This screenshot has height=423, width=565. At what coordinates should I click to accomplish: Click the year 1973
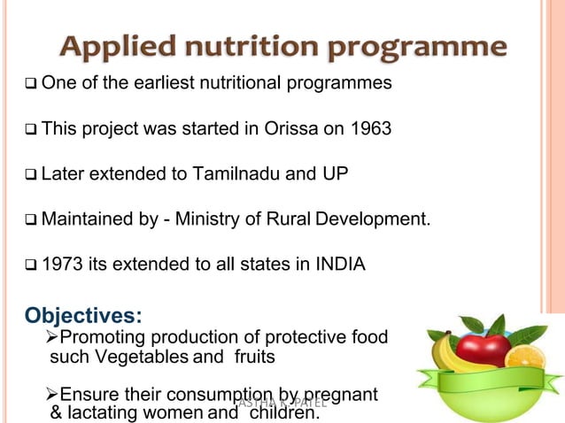62,263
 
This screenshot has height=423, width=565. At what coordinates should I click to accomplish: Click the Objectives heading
83,316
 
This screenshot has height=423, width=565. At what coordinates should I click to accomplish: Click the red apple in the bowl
482,346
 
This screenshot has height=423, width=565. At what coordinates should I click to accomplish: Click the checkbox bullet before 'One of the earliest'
31,84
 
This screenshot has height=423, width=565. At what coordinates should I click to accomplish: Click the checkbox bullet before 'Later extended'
31,173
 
